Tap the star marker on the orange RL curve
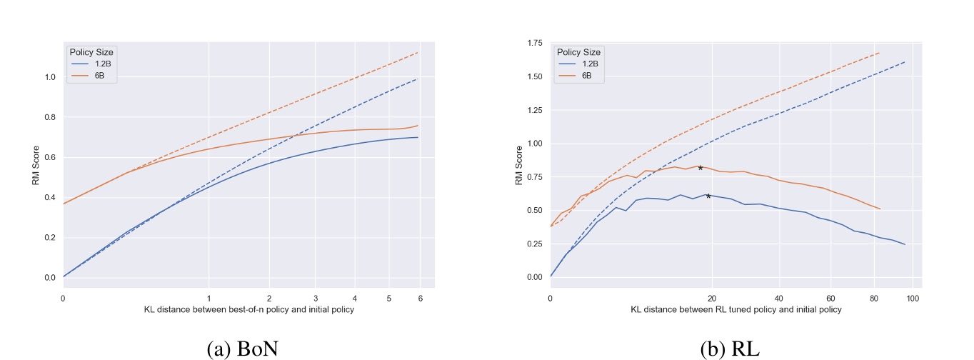tap(701, 168)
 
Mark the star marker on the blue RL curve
tap(708, 196)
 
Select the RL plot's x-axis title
tap(735, 309)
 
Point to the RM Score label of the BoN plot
tap(35, 166)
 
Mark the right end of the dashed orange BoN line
tap(418, 52)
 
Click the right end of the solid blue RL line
tap(905, 244)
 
